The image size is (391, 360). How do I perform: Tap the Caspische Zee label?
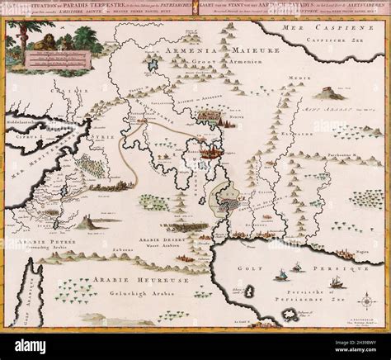[332, 41]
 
